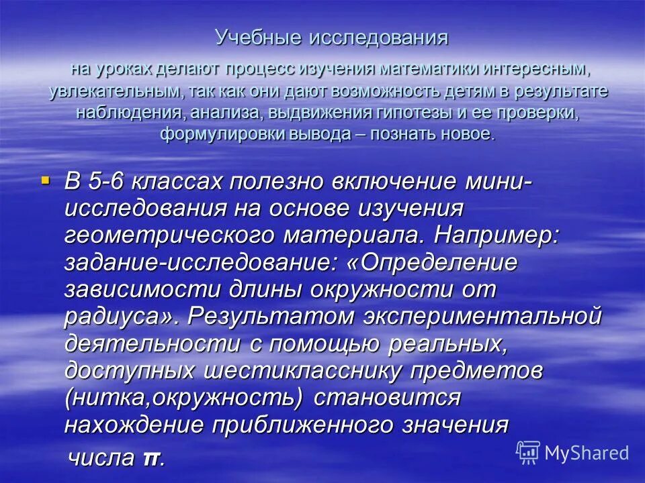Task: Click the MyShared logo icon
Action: pos(528,452)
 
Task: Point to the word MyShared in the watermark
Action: pos(587,453)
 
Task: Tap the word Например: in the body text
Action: pos(497,235)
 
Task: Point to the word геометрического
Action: pos(169,235)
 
